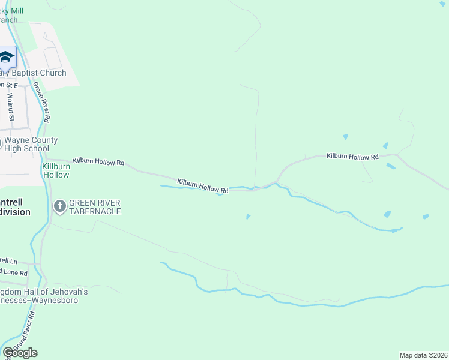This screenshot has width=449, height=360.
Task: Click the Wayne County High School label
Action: [x=31, y=144]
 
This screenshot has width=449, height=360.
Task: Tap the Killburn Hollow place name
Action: [x=55, y=170]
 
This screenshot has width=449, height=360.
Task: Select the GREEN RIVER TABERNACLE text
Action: [x=95, y=207]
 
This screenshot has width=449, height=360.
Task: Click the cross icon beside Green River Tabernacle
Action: [x=59, y=207]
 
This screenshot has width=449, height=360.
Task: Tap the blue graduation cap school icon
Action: [x=7, y=58]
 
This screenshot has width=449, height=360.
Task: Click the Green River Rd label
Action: [x=41, y=102]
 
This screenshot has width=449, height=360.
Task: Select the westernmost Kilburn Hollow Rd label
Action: [x=98, y=161]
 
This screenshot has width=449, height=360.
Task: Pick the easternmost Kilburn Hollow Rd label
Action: [x=352, y=157]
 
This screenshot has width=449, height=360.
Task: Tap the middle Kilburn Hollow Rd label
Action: [x=203, y=185]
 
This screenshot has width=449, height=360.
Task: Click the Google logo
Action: [x=20, y=353]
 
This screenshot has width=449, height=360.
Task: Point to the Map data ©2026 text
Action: [x=423, y=355]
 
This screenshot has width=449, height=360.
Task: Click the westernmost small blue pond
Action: [x=248, y=217]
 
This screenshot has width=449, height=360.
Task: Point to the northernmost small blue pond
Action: [x=345, y=137]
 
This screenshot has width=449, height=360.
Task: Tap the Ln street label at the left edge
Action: [x=8, y=260]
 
